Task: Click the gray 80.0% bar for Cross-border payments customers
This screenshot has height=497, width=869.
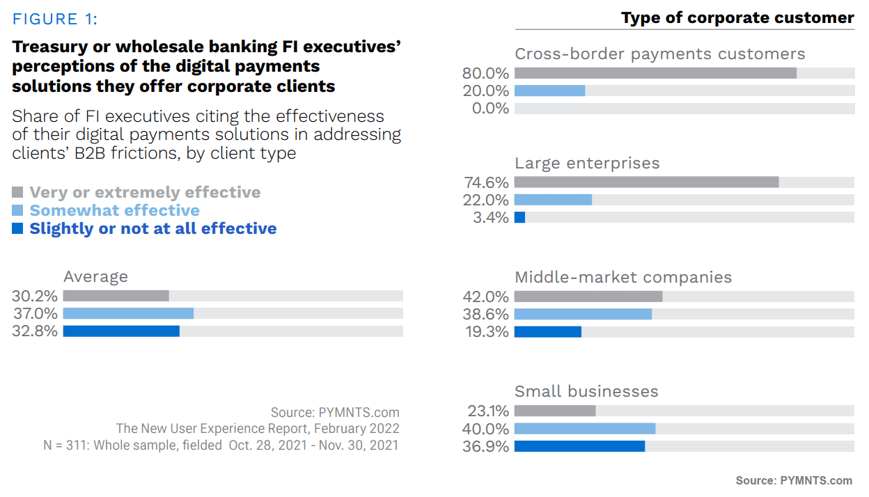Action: point(655,73)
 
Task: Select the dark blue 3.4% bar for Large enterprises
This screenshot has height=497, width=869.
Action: point(519,217)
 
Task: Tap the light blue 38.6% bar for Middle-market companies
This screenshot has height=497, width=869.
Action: point(583,313)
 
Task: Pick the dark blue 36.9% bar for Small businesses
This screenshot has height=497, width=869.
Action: point(579,446)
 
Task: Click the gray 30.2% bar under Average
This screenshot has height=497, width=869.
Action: point(116,296)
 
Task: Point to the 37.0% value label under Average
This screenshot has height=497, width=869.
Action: point(35,313)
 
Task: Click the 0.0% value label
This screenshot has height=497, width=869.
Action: point(490,109)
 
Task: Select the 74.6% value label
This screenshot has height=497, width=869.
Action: point(486,182)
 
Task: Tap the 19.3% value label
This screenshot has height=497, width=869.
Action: point(486,331)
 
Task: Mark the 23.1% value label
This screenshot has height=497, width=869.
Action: point(486,411)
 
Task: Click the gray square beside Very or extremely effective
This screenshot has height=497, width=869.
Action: point(18,192)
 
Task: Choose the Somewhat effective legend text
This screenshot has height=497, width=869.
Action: point(114,210)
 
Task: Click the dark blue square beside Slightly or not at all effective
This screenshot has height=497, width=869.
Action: point(18,228)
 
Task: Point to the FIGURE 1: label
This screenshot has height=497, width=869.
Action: point(55,19)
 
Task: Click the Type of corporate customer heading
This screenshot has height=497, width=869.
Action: point(737,18)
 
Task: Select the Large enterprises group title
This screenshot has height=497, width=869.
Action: point(587,163)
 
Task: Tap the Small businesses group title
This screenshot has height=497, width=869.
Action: point(586,391)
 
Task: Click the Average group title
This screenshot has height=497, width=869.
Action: point(96,276)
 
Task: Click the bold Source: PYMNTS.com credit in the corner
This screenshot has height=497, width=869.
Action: point(794,480)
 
